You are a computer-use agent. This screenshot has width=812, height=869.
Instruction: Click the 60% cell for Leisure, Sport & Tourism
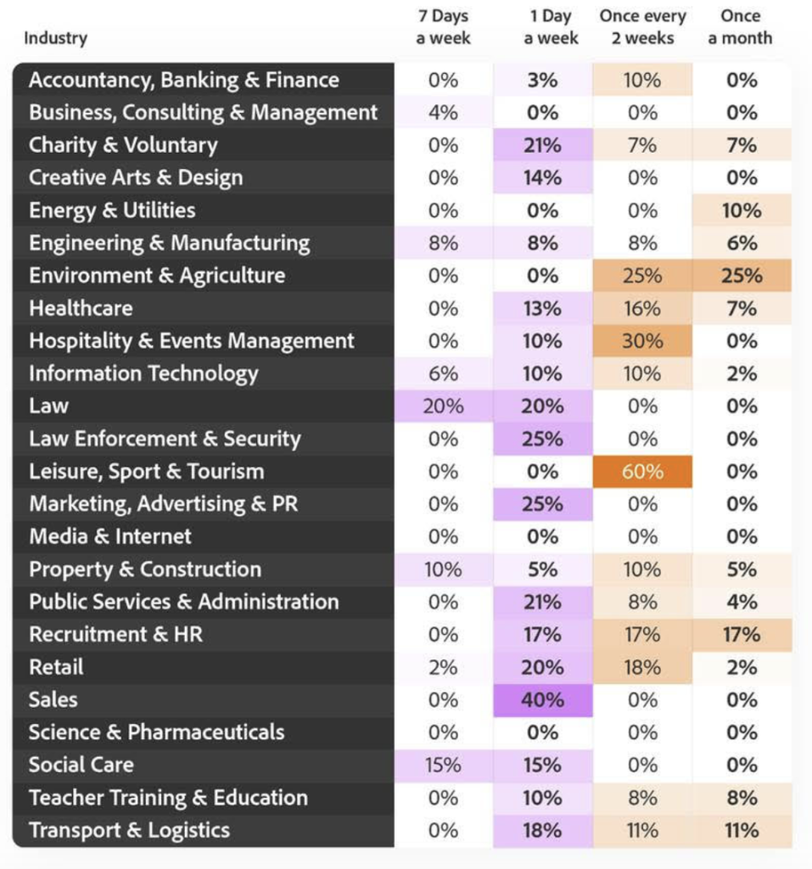click(642, 472)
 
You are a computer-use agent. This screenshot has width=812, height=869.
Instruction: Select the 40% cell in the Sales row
click(542, 700)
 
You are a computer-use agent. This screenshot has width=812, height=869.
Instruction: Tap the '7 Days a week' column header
click(443, 27)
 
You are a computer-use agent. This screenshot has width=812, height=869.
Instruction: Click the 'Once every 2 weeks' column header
click(642, 27)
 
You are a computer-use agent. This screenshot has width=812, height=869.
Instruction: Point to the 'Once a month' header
click(741, 27)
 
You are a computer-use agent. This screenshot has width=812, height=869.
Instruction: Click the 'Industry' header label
click(55, 38)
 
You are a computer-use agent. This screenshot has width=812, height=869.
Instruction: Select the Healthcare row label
click(81, 308)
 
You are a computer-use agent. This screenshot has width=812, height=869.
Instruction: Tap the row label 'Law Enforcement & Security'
click(165, 439)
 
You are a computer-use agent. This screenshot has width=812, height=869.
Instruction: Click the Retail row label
click(56, 667)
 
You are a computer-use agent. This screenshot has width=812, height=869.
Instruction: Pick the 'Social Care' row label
click(81, 765)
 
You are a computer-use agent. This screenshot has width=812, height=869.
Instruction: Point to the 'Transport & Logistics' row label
click(129, 830)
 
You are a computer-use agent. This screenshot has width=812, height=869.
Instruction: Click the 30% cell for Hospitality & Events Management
click(642, 341)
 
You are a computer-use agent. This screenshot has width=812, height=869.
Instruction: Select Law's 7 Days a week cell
click(443, 406)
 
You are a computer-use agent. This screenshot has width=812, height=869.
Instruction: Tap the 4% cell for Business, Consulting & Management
click(443, 113)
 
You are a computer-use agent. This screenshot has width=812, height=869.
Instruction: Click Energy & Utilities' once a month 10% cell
click(741, 210)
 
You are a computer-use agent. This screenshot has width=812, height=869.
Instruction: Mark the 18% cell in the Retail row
click(642, 667)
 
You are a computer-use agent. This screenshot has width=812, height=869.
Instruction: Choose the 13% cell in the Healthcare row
click(542, 308)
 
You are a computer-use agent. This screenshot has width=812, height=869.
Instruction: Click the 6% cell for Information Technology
click(443, 373)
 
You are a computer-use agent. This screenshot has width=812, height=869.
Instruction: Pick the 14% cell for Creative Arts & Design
click(542, 178)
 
